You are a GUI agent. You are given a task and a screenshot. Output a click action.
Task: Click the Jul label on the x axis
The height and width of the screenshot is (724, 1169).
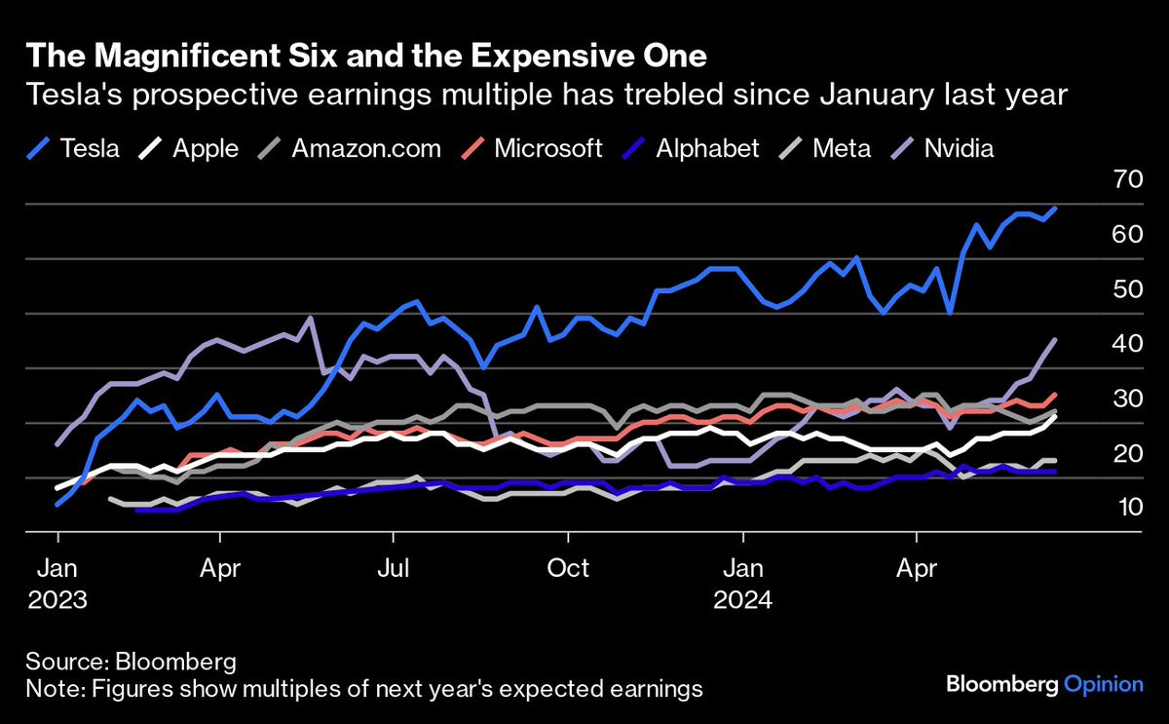[393, 567]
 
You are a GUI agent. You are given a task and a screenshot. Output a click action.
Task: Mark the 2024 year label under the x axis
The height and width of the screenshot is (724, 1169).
[742, 599]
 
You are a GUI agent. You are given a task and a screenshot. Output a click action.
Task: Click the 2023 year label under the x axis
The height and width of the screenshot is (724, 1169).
[57, 599]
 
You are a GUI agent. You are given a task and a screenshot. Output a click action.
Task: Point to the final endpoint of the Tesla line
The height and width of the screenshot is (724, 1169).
[1055, 209]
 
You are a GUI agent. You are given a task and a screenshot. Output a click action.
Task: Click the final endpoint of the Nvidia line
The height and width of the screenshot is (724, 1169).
[1055, 339]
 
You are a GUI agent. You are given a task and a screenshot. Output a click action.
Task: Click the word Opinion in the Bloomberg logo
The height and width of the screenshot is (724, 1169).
[1103, 684]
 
